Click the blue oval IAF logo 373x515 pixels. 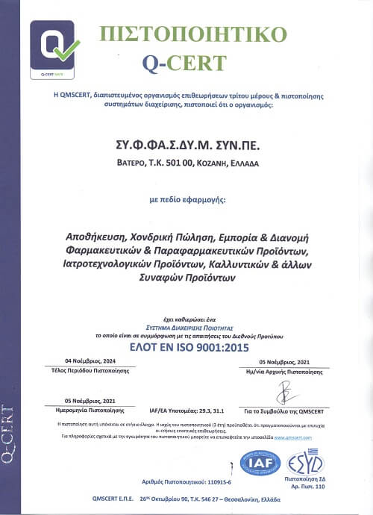pos(260,463)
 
